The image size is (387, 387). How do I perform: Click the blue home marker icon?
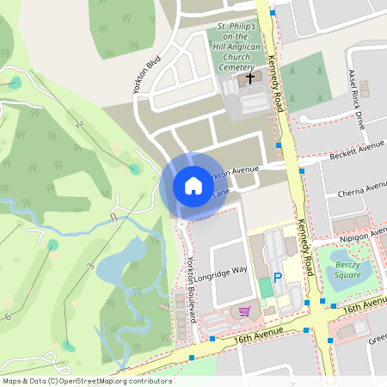(x=193, y=185)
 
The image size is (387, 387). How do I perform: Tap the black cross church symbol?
(x=250, y=78)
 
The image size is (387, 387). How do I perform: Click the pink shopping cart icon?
(x=244, y=310)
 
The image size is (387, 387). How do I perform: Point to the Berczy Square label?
(x=347, y=269)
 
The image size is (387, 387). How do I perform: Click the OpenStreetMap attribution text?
(x=87, y=380)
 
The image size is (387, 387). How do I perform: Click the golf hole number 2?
(x=80, y=126)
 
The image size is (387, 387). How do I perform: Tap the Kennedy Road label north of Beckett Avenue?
(x=275, y=86)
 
